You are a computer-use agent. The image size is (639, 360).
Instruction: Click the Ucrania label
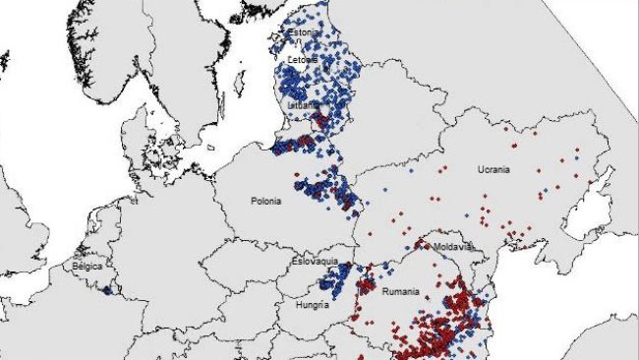(x=494, y=169)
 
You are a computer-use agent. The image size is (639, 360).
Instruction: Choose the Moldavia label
(x=454, y=246)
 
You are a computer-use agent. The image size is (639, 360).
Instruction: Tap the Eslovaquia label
(x=315, y=263)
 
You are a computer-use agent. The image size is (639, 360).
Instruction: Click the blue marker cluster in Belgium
(x=106, y=289)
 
